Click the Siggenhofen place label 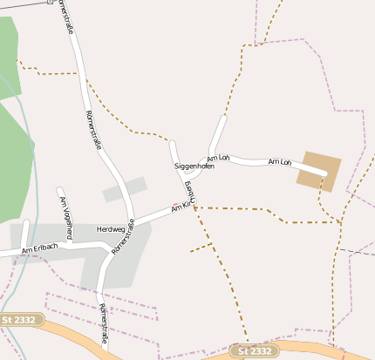[x=194, y=166]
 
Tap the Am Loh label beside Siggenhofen [x=217, y=158]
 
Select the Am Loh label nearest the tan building [x=279, y=162]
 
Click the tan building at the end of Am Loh [x=318, y=170]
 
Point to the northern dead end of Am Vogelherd [x=59, y=189]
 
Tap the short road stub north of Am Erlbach [x=24, y=231]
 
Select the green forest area [x=10, y=148]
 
